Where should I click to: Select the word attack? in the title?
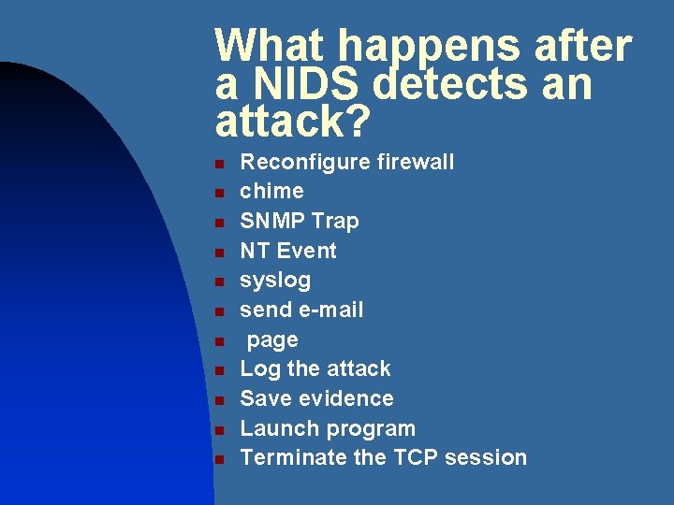click(x=293, y=123)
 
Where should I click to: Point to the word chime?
click(x=271, y=192)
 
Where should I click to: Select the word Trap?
click(x=335, y=221)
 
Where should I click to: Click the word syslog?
click(x=275, y=281)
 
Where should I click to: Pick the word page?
click(x=272, y=340)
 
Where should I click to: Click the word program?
click(x=370, y=429)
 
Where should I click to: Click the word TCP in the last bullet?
click(x=409, y=457)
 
